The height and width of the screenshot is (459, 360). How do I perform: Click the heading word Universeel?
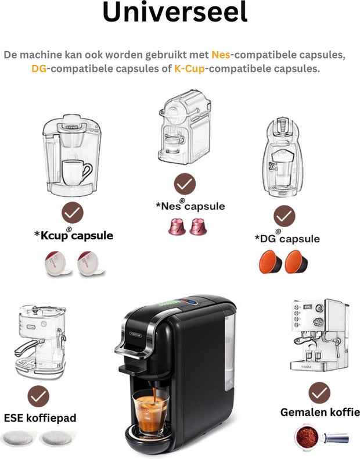175,13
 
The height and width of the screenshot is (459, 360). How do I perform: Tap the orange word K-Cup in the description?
190,69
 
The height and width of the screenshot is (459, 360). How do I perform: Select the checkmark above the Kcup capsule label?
73,213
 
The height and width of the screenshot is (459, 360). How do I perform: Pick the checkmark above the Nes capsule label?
185,184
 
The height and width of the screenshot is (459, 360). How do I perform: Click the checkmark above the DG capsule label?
285,217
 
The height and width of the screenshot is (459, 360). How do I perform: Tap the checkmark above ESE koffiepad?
39,396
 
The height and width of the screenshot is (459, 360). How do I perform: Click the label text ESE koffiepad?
40,418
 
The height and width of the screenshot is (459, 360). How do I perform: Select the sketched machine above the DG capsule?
285,156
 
